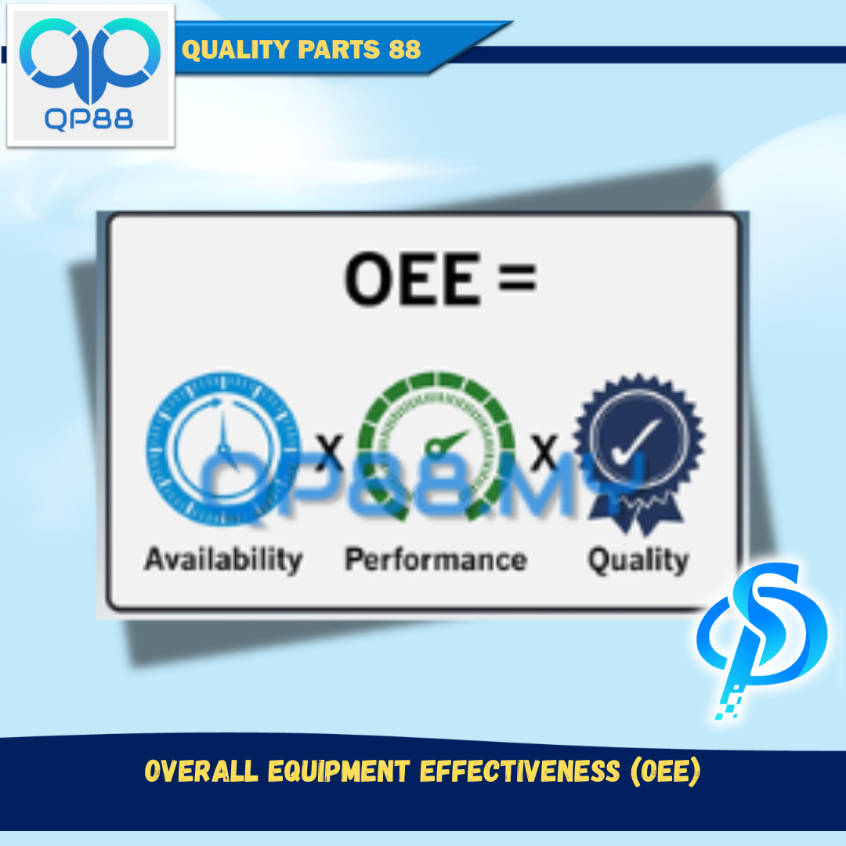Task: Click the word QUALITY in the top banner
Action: tap(236, 49)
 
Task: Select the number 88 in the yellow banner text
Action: tap(404, 49)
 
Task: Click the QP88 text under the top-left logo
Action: tap(89, 119)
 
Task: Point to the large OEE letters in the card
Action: tap(413, 279)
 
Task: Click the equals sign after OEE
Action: tap(518, 278)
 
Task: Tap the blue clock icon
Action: tap(223, 448)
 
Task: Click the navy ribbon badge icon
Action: tap(639, 454)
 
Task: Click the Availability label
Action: tap(223, 559)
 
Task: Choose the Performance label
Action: tap(436, 559)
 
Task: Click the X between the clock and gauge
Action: tap(329, 452)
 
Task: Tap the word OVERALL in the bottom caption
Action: tap(201, 771)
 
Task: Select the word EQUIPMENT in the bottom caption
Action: tap(339, 771)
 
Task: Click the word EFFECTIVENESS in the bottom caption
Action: tap(520, 771)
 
